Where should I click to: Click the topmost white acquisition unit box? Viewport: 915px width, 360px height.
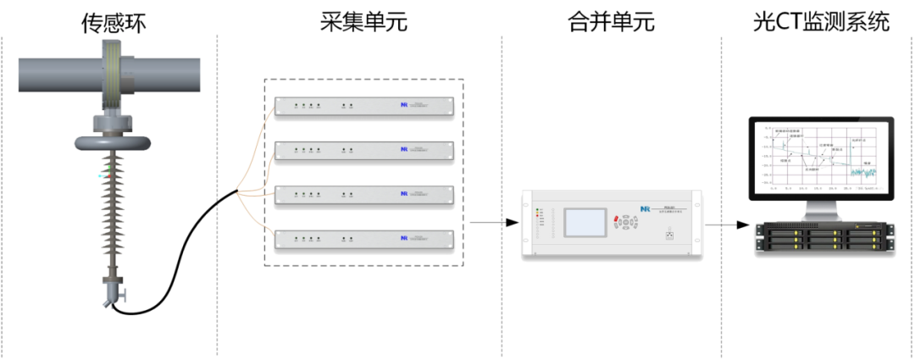[x=364, y=107]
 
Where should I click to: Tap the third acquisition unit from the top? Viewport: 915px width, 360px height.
[x=364, y=195]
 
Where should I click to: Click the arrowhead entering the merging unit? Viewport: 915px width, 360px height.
[x=511, y=223]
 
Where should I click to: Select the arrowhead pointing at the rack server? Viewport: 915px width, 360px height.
[x=743, y=224]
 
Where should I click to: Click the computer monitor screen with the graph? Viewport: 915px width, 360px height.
[x=821, y=156]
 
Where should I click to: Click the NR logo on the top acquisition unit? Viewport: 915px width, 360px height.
[x=405, y=106]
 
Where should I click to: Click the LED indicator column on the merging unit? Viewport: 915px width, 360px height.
[x=537, y=222]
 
